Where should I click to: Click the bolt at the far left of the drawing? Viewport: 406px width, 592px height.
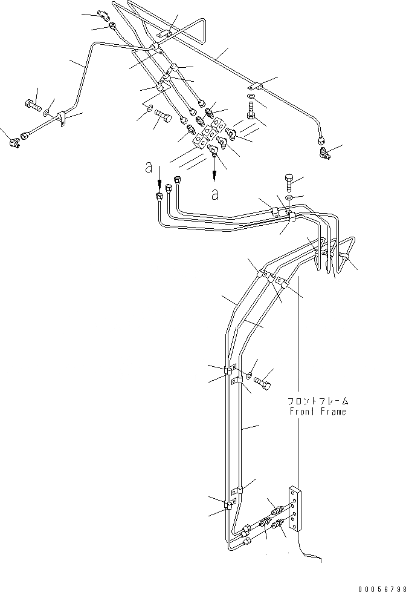(x=33, y=106)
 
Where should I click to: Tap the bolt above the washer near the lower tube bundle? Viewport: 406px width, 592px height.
(x=289, y=182)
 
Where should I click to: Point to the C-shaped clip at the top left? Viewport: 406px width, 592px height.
(x=101, y=15)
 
